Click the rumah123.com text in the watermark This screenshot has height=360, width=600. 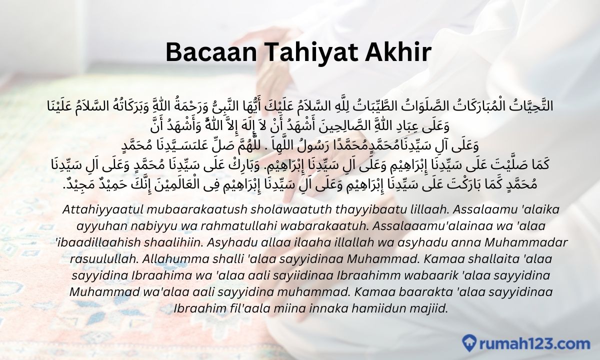pos(534,343)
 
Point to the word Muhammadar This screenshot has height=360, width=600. pos(526,242)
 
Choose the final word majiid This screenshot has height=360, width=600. pos(429,309)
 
